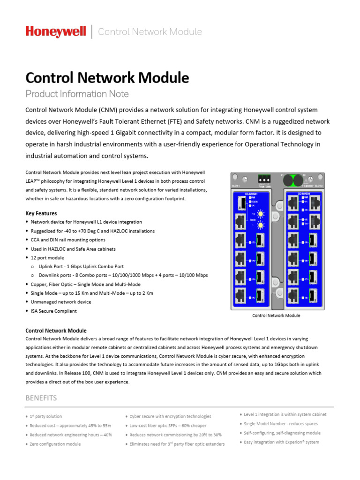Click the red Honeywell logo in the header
pyautogui.click(x=56, y=32)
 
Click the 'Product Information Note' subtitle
pyautogui.click(x=77, y=94)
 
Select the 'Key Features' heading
pyautogui.click(x=41, y=213)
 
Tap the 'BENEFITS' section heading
pyautogui.click(x=41, y=398)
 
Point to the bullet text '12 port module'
pyautogui.click(x=48, y=257)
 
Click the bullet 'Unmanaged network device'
pyautogui.click(x=61, y=302)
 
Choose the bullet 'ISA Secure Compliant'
pyautogui.click(x=54, y=311)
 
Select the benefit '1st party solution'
pyautogui.click(x=45, y=416)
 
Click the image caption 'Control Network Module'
pyautogui.click(x=276, y=315)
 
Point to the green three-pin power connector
pyautogui.click(x=265, y=179)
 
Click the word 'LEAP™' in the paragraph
pyautogui.click(x=34, y=181)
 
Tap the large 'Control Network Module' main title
pyautogui.click(x=107, y=77)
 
